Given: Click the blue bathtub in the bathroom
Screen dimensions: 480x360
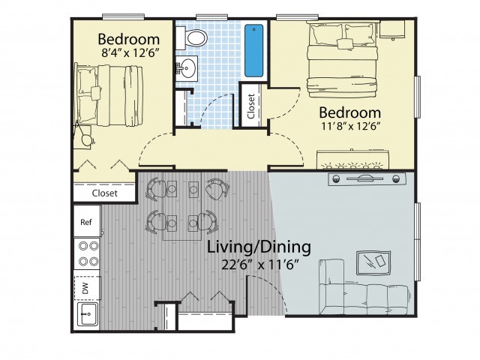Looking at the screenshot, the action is [253, 50].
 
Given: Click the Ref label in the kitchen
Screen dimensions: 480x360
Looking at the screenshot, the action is [86, 222].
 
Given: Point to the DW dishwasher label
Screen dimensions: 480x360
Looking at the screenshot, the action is [85, 288].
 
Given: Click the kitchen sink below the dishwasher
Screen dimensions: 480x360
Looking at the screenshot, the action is [88, 313].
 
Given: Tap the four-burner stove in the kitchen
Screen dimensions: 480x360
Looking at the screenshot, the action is [87, 253].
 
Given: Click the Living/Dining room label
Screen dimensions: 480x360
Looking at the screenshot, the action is [259, 247].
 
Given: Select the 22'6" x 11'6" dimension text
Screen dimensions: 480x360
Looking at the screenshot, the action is [260, 265].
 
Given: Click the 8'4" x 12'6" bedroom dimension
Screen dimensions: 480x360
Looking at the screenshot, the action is [130, 53].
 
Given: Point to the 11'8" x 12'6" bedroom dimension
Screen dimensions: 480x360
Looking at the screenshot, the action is [350, 126].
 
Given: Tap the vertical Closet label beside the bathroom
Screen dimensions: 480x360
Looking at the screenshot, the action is [251, 106].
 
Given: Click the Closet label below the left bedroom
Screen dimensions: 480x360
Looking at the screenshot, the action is [105, 193].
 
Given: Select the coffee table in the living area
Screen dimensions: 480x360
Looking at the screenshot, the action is [373, 263].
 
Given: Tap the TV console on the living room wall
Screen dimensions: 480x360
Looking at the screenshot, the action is [367, 179].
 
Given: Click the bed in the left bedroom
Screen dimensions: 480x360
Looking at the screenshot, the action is [109, 96].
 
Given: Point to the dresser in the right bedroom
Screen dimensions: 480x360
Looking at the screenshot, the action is [352, 160].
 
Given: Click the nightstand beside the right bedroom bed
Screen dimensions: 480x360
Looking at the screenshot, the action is [392, 30].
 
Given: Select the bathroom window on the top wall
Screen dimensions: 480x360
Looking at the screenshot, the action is [210, 17].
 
